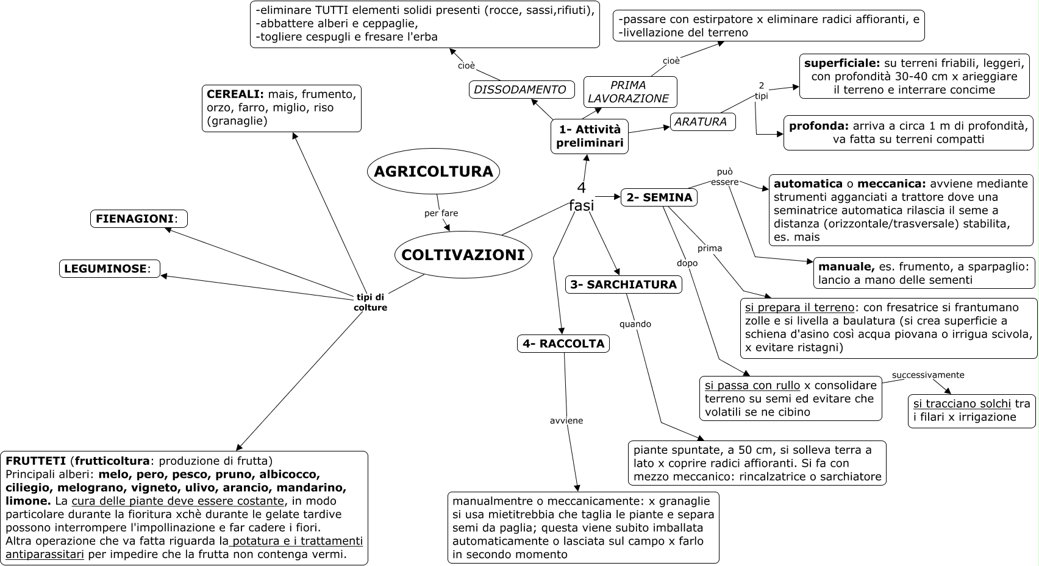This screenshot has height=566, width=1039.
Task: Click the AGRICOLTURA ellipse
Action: click(433, 172)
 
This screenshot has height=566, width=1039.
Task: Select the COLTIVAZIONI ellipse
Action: click(463, 255)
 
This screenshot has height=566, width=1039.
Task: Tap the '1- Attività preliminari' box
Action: click(589, 136)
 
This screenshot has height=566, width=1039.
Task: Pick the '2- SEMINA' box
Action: click(659, 197)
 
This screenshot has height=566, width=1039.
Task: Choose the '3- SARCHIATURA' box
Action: click(623, 285)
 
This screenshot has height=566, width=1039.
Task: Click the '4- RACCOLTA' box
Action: click(563, 344)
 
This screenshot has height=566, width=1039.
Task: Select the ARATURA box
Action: click(702, 122)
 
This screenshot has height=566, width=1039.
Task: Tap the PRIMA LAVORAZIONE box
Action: click(629, 92)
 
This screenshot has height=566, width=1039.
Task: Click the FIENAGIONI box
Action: click(138, 219)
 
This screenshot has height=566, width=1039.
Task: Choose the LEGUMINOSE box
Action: click(109, 269)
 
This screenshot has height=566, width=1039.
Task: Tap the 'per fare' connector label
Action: click(441, 213)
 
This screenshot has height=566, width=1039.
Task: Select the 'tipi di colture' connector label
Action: click(370, 302)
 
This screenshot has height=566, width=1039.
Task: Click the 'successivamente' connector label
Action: click(928, 375)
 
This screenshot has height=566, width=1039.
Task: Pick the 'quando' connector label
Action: click(635, 324)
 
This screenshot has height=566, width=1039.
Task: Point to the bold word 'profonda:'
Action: click(818, 126)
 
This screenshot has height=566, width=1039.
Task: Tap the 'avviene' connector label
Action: click(566, 420)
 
